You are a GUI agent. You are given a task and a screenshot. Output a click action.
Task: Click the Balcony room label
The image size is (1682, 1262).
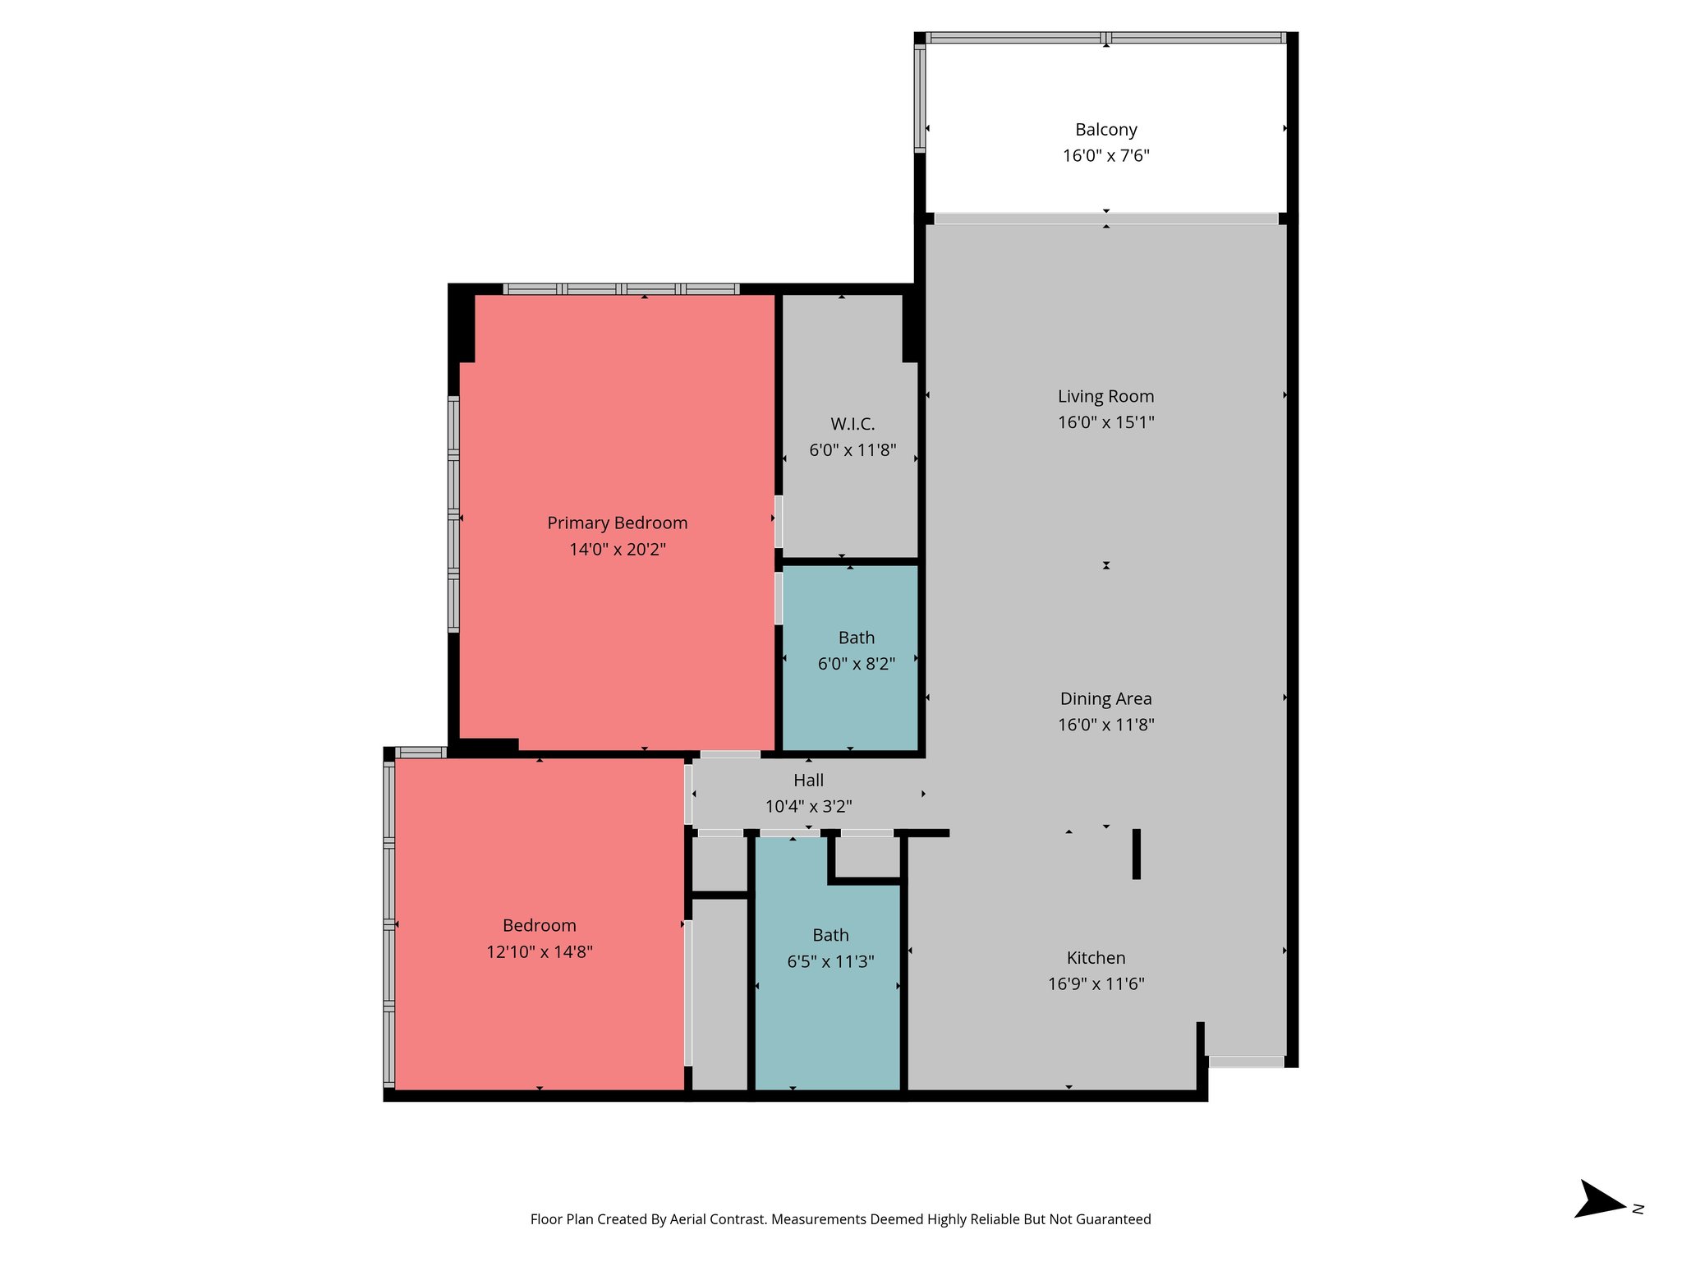point(1105,130)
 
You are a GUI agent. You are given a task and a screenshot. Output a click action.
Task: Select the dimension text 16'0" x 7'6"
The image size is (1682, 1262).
point(1105,156)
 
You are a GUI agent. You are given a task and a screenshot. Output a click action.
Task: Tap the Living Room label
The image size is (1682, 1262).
point(1105,397)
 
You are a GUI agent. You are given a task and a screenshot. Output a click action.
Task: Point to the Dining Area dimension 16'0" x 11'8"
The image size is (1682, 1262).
point(1105,725)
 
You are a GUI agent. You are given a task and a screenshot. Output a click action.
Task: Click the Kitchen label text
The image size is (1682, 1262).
point(1096,958)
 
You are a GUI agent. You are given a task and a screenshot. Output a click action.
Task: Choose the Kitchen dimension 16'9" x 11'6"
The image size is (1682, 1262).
point(1096,984)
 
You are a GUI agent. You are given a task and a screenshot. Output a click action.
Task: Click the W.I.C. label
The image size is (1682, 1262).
point(852,425)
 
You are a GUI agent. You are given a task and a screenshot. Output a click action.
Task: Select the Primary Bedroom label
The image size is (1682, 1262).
point(617,523)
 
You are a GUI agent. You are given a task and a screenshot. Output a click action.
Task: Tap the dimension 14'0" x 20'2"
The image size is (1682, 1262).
point(617,550)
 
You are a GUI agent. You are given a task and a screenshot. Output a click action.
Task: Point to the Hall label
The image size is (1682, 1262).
point(808,781)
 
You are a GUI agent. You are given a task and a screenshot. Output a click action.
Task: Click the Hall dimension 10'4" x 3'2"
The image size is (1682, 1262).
point(808,807)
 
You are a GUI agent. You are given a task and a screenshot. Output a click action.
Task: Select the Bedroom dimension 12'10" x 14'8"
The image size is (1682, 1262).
point(539,952)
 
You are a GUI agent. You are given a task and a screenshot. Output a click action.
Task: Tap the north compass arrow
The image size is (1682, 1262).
point(1598,1209)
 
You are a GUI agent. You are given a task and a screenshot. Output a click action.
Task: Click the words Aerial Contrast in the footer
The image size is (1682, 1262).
point(717,1219)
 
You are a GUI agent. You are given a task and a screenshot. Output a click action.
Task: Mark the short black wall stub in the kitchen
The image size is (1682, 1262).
point(1137,854)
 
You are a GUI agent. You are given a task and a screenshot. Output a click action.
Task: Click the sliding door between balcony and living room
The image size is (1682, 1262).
point(1105,219)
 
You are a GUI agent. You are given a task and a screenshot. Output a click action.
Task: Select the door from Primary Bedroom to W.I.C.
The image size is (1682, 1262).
point(779,521)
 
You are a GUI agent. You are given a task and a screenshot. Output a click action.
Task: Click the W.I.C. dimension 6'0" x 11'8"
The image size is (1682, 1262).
point(852,450)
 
